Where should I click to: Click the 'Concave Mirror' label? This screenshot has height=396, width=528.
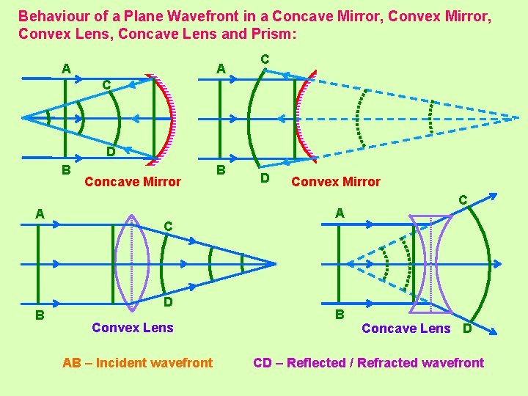133,182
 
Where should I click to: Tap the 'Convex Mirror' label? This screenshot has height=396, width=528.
336,182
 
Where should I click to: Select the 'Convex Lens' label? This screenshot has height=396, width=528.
133,328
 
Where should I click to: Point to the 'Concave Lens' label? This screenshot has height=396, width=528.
406,329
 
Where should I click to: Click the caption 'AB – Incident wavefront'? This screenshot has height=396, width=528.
138,363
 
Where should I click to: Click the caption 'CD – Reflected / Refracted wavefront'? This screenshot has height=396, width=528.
368,363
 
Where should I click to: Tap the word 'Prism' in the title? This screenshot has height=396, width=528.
267,34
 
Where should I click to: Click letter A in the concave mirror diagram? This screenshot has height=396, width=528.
66,69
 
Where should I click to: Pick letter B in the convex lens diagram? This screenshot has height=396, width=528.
41,315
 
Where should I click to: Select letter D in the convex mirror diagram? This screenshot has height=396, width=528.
265,178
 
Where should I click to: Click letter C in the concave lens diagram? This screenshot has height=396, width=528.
463,199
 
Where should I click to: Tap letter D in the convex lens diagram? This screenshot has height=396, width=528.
168,302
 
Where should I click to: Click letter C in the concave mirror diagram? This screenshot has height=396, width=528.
106,85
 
